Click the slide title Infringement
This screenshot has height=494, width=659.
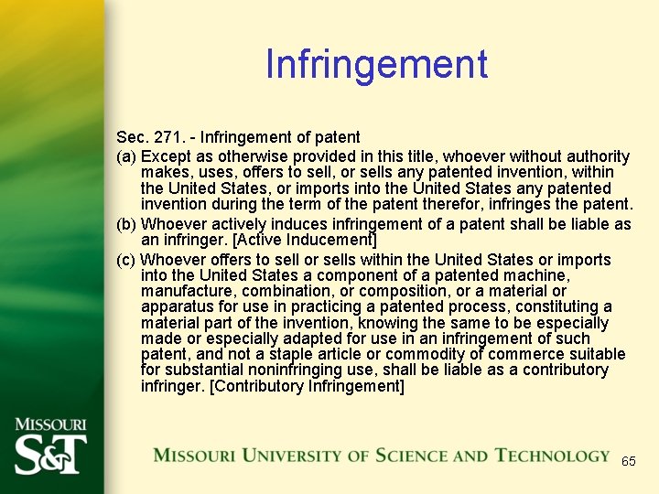pos(376,64)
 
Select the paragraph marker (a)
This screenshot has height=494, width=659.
pos(126,156)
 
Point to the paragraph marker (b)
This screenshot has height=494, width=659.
pos(126,224)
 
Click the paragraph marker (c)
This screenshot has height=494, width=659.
pos(126,260)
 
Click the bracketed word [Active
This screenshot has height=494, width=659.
pos(232,241)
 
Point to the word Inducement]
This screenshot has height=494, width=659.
pos(328,241)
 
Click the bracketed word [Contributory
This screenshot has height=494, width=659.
pos(251,385)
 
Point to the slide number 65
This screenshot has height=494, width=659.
pos(628,461)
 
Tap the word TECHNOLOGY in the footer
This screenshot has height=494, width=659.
pos(552,456)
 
